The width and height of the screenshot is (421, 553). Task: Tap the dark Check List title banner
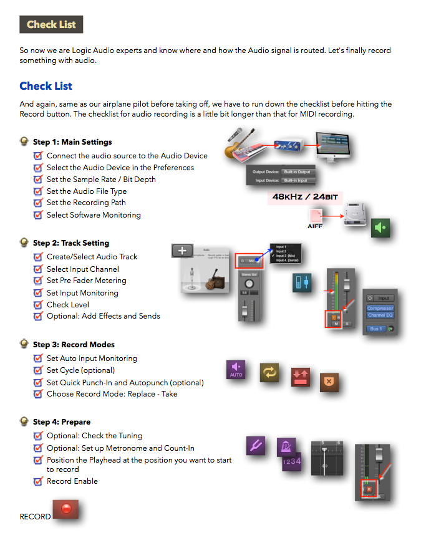tap(51, 25)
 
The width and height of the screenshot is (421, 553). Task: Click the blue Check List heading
tap(46, 86)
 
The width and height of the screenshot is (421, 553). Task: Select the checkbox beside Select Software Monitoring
tap(39, 215)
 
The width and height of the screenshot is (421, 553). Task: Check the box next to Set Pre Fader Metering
tap(39, 281)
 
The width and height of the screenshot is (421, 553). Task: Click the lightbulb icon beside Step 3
tap(24, 344)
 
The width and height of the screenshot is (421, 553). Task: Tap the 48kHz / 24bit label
tap(306, 196)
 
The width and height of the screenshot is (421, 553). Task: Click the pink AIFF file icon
tap(316, 216)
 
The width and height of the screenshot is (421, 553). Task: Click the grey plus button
tap(182, 251)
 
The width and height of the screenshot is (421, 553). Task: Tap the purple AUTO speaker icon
tap(236, 369)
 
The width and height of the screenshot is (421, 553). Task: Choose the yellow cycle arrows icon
tap(269, 372)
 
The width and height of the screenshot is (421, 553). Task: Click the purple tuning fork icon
tap(256, 446)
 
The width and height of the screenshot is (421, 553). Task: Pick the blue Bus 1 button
tap(377, 329)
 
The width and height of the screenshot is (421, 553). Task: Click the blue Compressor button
tap(380, 308)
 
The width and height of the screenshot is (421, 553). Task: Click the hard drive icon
tap(353, 214)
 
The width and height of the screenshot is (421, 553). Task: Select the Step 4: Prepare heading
tap(62, 422)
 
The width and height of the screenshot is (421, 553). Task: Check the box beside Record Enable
tap(39, 481)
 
